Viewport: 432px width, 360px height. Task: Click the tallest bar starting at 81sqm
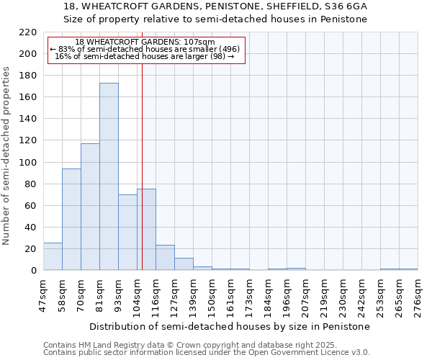click(x=109, y=176)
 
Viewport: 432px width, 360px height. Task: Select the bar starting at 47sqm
click(x=53, y=256)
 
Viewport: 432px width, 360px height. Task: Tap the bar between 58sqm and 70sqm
click(x=71, y=220)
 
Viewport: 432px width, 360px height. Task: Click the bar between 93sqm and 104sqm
click(x=127, y=233)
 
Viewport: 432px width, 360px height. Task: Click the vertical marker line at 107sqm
click(x=142, y=144)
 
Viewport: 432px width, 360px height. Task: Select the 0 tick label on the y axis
click(x=34, y=271)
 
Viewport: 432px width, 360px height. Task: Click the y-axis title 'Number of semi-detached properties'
click(x=7, y=156)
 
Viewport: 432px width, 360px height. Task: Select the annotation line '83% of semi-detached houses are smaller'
click(x=144, y=49)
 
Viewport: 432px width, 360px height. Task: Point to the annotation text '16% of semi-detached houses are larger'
click(x=144, y=56)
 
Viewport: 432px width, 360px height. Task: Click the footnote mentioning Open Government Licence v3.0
click(x=207, y=353)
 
